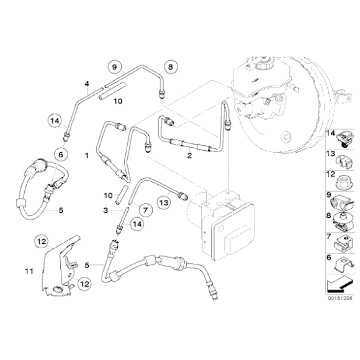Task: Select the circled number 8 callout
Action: [x=170, y=66]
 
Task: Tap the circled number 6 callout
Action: [x=61, y=153]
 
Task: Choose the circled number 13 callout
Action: [x=163, y=202]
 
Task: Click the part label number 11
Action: [x=27, y=271]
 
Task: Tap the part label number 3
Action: [x=106, y=210]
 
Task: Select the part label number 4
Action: [x=88, y=83]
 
